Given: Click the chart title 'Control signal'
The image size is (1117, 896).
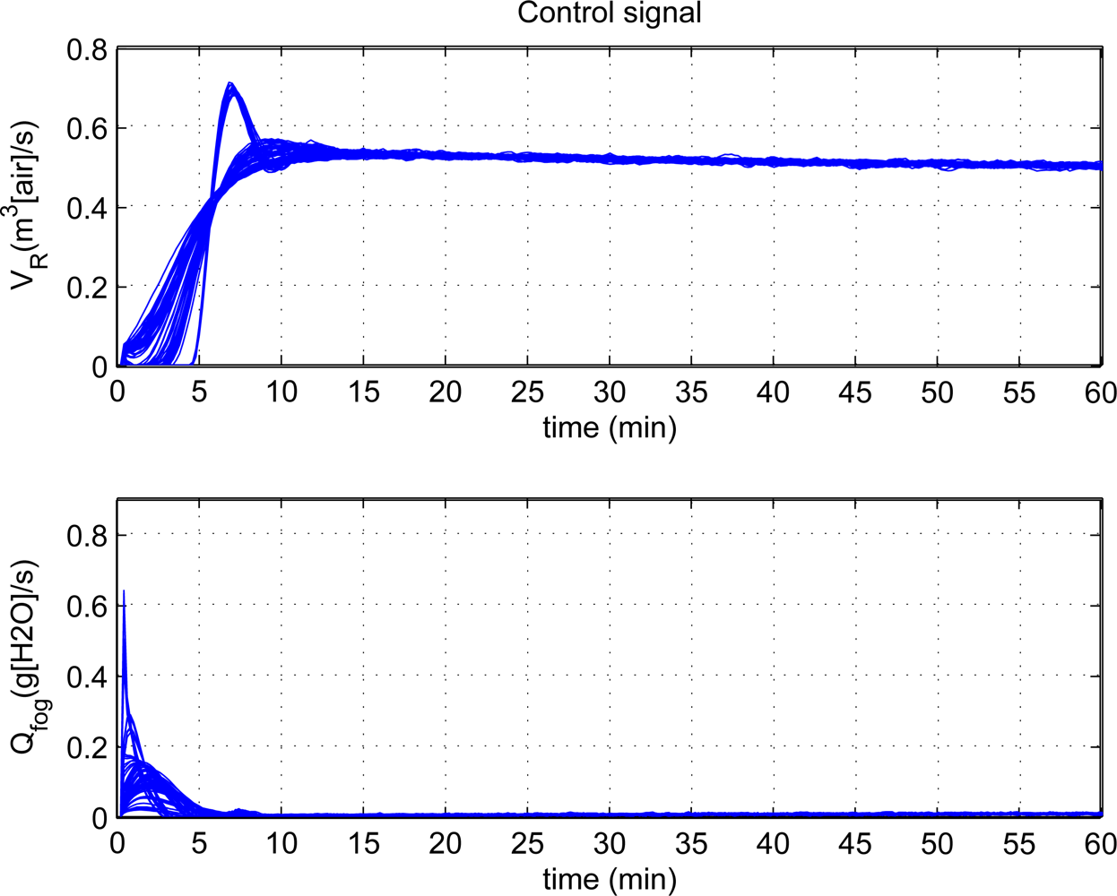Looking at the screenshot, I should [609, 13].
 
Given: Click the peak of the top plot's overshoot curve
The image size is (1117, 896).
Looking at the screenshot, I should [230, 86].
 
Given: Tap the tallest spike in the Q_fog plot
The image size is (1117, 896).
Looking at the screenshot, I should [124, 592].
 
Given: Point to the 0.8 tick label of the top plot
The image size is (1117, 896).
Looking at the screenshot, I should [86, 50].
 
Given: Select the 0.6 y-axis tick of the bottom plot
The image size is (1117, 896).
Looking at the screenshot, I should [86, 607].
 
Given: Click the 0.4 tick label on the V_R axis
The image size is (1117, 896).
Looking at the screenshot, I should [86, 208].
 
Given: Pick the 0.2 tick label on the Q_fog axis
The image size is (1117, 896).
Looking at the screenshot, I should [86, 747].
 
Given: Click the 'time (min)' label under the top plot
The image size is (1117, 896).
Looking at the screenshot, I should [609, 427].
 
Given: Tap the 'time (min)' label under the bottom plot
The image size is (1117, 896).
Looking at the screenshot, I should [609, 878].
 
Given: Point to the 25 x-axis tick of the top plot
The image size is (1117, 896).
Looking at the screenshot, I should [527, 392].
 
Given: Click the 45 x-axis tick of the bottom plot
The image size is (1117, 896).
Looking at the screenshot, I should [855, 843].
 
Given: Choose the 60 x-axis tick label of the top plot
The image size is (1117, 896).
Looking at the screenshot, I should [1100, 392].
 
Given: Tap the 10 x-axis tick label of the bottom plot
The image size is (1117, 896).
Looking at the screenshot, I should [281, 843].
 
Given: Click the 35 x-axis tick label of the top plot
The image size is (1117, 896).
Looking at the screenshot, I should [691, 392].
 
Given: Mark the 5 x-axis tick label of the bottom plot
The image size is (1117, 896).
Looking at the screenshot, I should [199, 843].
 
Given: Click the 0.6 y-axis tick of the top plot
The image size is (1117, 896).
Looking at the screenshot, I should [86, 129].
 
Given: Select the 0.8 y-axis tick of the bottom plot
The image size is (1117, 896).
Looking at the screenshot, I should [86, 536].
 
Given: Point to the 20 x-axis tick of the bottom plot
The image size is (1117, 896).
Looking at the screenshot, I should [445, 843].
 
